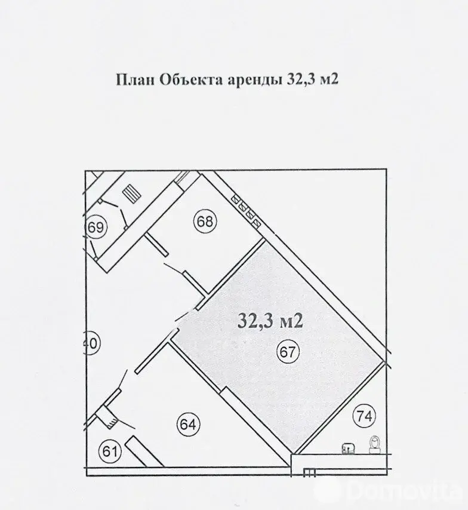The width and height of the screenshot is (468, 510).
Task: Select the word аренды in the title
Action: (251, 81)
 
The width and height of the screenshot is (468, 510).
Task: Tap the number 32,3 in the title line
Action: (297, 80)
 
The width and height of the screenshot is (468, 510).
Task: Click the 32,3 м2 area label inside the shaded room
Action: (271, 321)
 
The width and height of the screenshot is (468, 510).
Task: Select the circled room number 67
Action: (288, 352)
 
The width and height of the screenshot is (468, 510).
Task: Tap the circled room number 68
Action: (205, 222)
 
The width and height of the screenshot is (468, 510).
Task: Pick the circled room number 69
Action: (96, 228)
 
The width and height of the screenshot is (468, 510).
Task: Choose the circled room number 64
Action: (187, 425)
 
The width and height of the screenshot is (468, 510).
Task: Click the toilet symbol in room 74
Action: (375, 444)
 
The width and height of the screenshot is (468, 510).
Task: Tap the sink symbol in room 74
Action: (346, 447)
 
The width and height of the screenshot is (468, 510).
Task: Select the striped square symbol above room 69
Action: (130, 193)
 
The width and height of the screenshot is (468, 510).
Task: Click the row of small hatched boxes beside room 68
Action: (245, 209)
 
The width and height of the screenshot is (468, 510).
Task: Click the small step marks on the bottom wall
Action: (309, 472)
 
